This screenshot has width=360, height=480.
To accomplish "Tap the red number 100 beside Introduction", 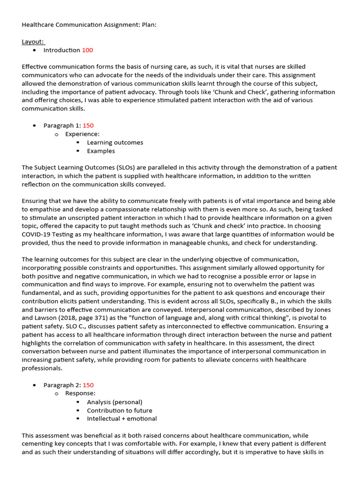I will [88, 50].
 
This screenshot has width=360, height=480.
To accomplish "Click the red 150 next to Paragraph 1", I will [88, 126].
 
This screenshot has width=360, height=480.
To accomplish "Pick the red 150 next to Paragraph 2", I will [88, 385].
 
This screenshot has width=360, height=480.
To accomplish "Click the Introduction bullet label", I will [62, 50].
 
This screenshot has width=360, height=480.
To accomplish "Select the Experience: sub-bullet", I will [82, 134].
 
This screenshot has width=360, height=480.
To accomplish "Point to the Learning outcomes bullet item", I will [115, 142].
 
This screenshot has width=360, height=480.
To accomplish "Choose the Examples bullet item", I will [101, 151].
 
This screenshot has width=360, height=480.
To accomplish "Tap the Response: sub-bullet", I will [80, 393].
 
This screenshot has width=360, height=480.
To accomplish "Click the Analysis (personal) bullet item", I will [114, 402].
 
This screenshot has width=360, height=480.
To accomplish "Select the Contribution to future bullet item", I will [120, 410].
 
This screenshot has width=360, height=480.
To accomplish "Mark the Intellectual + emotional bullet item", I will [122, 419].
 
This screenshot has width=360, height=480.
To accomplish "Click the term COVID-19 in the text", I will [37, 234].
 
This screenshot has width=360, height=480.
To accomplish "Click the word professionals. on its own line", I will [41, 368].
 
